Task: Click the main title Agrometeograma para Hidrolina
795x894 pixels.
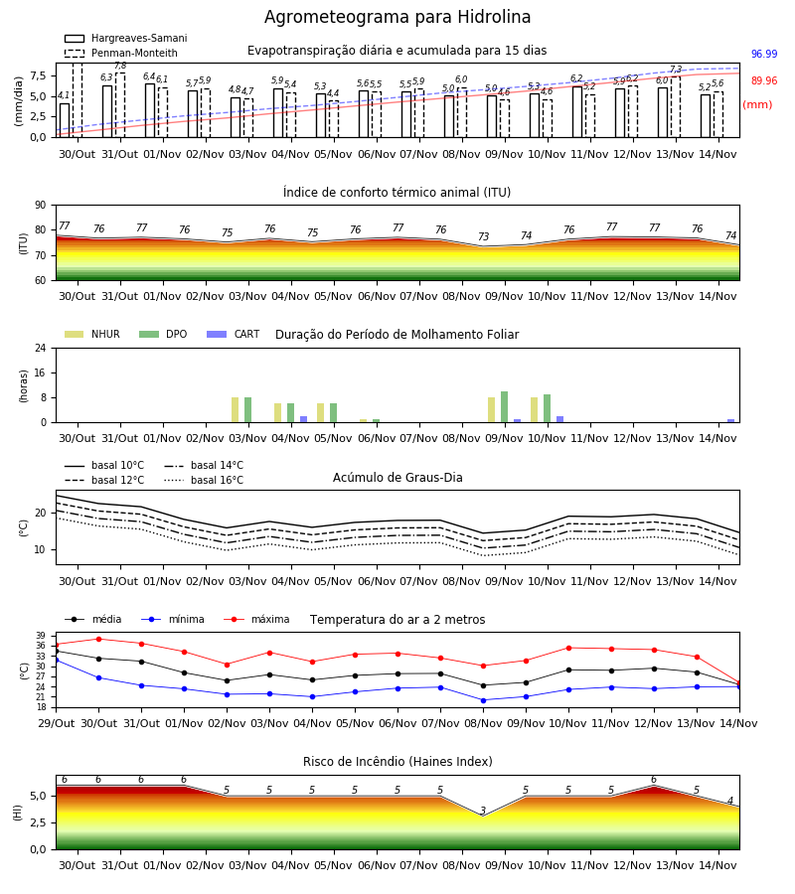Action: (x=397, y=17)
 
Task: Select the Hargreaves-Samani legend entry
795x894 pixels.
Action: (x=125, y=38)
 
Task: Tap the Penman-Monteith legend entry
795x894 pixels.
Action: (x=121, y=53)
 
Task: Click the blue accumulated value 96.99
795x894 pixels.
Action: (x=764, y=55)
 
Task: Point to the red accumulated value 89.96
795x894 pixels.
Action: (x=764, y=81)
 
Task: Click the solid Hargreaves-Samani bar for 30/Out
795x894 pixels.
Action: (x=65, y=120)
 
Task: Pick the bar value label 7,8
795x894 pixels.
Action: (x=120, y=67)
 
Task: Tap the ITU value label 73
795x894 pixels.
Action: (x=484, y=236)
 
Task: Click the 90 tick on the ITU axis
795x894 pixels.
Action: (x=41, y=206)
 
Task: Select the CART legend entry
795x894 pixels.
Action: (x=233, y=334)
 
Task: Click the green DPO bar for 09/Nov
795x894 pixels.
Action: (x=504, y=407)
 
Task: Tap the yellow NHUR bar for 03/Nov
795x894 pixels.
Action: (x=235, y=410)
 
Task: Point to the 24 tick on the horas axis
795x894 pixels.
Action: (x=41, y=348)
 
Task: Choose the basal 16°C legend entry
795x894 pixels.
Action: (x=204, y=480)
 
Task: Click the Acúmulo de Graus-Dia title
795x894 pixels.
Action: (x=397, y=478)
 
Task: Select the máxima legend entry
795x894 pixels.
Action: (x=256, y=619)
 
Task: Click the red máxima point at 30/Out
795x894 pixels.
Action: (x=98, y=639)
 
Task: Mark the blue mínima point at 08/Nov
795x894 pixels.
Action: (x=484, y=700)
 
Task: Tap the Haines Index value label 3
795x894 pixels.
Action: (x=483, y=811)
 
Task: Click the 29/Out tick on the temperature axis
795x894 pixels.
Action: (x=57, y=723)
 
